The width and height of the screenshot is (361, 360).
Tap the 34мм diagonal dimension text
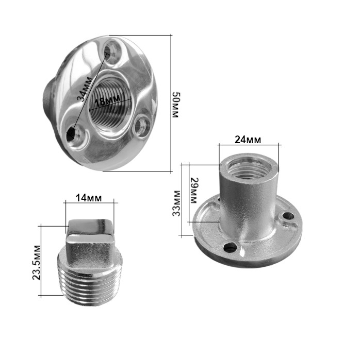coord(85,90)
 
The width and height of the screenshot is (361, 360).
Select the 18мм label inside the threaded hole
coord(107,101)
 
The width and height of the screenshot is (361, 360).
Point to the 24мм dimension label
coord(248,140)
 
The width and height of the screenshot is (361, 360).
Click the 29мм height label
coord(194,191)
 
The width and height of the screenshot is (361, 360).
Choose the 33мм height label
coord(177,203)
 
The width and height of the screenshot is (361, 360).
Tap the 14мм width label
coord(89,198)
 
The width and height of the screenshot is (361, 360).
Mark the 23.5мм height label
coord(36,263)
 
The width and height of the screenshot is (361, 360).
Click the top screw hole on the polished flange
coord(112,52)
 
